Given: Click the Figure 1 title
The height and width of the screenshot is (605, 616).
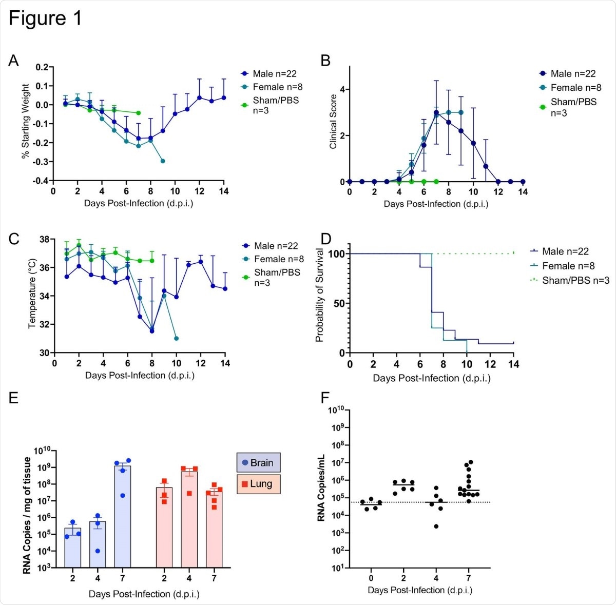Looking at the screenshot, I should point(45,18).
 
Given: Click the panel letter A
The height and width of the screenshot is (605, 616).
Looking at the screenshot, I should point(13,61).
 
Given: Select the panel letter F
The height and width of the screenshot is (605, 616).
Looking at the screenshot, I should point(325,398).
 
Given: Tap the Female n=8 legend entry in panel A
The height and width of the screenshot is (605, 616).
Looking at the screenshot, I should point(272,87).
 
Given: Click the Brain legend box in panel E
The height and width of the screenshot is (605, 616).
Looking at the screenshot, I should point(258,463).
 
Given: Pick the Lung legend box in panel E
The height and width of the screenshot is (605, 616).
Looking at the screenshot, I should point(258,484).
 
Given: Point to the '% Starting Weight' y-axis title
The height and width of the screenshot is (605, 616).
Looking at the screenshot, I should point(25,122).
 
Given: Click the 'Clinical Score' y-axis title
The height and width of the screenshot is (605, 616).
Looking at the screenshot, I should point(333,122).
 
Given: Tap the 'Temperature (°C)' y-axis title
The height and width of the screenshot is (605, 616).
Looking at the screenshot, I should point(32,294).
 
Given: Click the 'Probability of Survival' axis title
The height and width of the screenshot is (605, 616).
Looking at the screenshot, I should point(319,295).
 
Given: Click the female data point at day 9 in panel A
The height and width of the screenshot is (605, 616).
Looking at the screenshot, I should point(163,161).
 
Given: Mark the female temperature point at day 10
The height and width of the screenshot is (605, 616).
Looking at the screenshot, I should point(176,338).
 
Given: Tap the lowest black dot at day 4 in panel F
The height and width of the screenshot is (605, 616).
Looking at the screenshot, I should point(436,526).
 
